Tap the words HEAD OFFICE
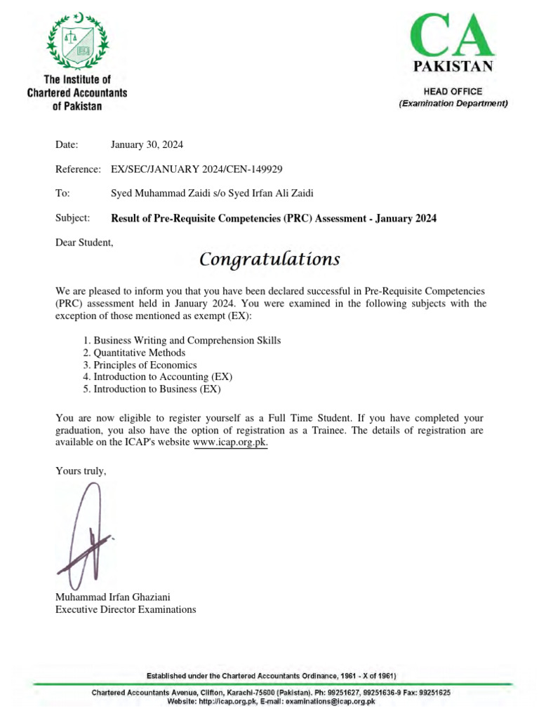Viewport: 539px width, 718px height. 453,91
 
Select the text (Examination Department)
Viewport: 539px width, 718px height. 453,104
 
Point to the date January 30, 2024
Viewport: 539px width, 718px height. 147,144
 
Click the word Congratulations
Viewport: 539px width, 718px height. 269,260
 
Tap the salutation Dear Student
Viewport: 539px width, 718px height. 84,243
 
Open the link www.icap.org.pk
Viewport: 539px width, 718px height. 230,442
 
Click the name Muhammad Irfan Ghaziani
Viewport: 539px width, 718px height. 113,597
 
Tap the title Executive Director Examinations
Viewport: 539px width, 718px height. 126,609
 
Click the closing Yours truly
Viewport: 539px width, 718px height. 81,470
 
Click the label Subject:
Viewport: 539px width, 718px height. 73,218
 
